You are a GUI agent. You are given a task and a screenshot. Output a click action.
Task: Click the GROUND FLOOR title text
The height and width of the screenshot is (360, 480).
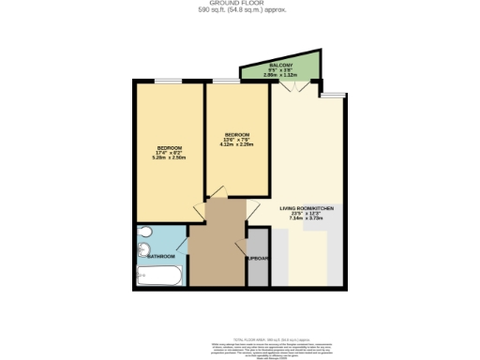239,4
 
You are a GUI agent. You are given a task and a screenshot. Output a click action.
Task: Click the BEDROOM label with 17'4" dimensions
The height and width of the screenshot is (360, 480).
169,148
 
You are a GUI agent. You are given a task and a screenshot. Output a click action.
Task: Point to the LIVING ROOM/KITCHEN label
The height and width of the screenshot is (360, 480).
306,207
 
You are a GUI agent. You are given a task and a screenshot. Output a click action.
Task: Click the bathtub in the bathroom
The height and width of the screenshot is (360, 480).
159,276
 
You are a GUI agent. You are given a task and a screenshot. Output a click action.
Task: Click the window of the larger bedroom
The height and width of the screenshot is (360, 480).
169,82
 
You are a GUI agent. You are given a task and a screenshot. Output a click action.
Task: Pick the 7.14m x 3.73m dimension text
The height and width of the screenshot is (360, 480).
306,217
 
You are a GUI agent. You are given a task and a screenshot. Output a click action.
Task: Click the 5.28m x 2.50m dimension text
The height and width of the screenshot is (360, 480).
169,158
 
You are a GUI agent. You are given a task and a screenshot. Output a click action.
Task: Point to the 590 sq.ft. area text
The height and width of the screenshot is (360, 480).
239,10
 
